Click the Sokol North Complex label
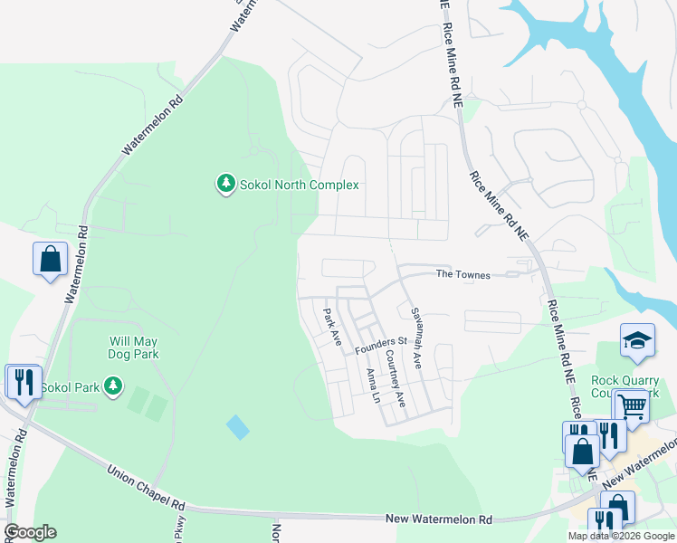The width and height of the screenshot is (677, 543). pos(299,185)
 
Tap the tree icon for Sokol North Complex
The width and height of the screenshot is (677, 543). pos(225,185)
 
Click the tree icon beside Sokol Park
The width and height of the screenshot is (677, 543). pos(113,387)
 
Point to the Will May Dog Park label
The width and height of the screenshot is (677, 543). pos(134,348)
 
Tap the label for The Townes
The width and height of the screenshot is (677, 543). pos(462,273)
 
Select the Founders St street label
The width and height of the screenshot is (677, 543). pos(381,345)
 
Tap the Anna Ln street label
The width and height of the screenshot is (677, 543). pos(372,386)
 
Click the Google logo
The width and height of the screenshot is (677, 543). pos(30,532)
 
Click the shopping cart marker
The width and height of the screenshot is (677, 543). pos(632,407)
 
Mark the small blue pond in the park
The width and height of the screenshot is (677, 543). pos(238,427)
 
